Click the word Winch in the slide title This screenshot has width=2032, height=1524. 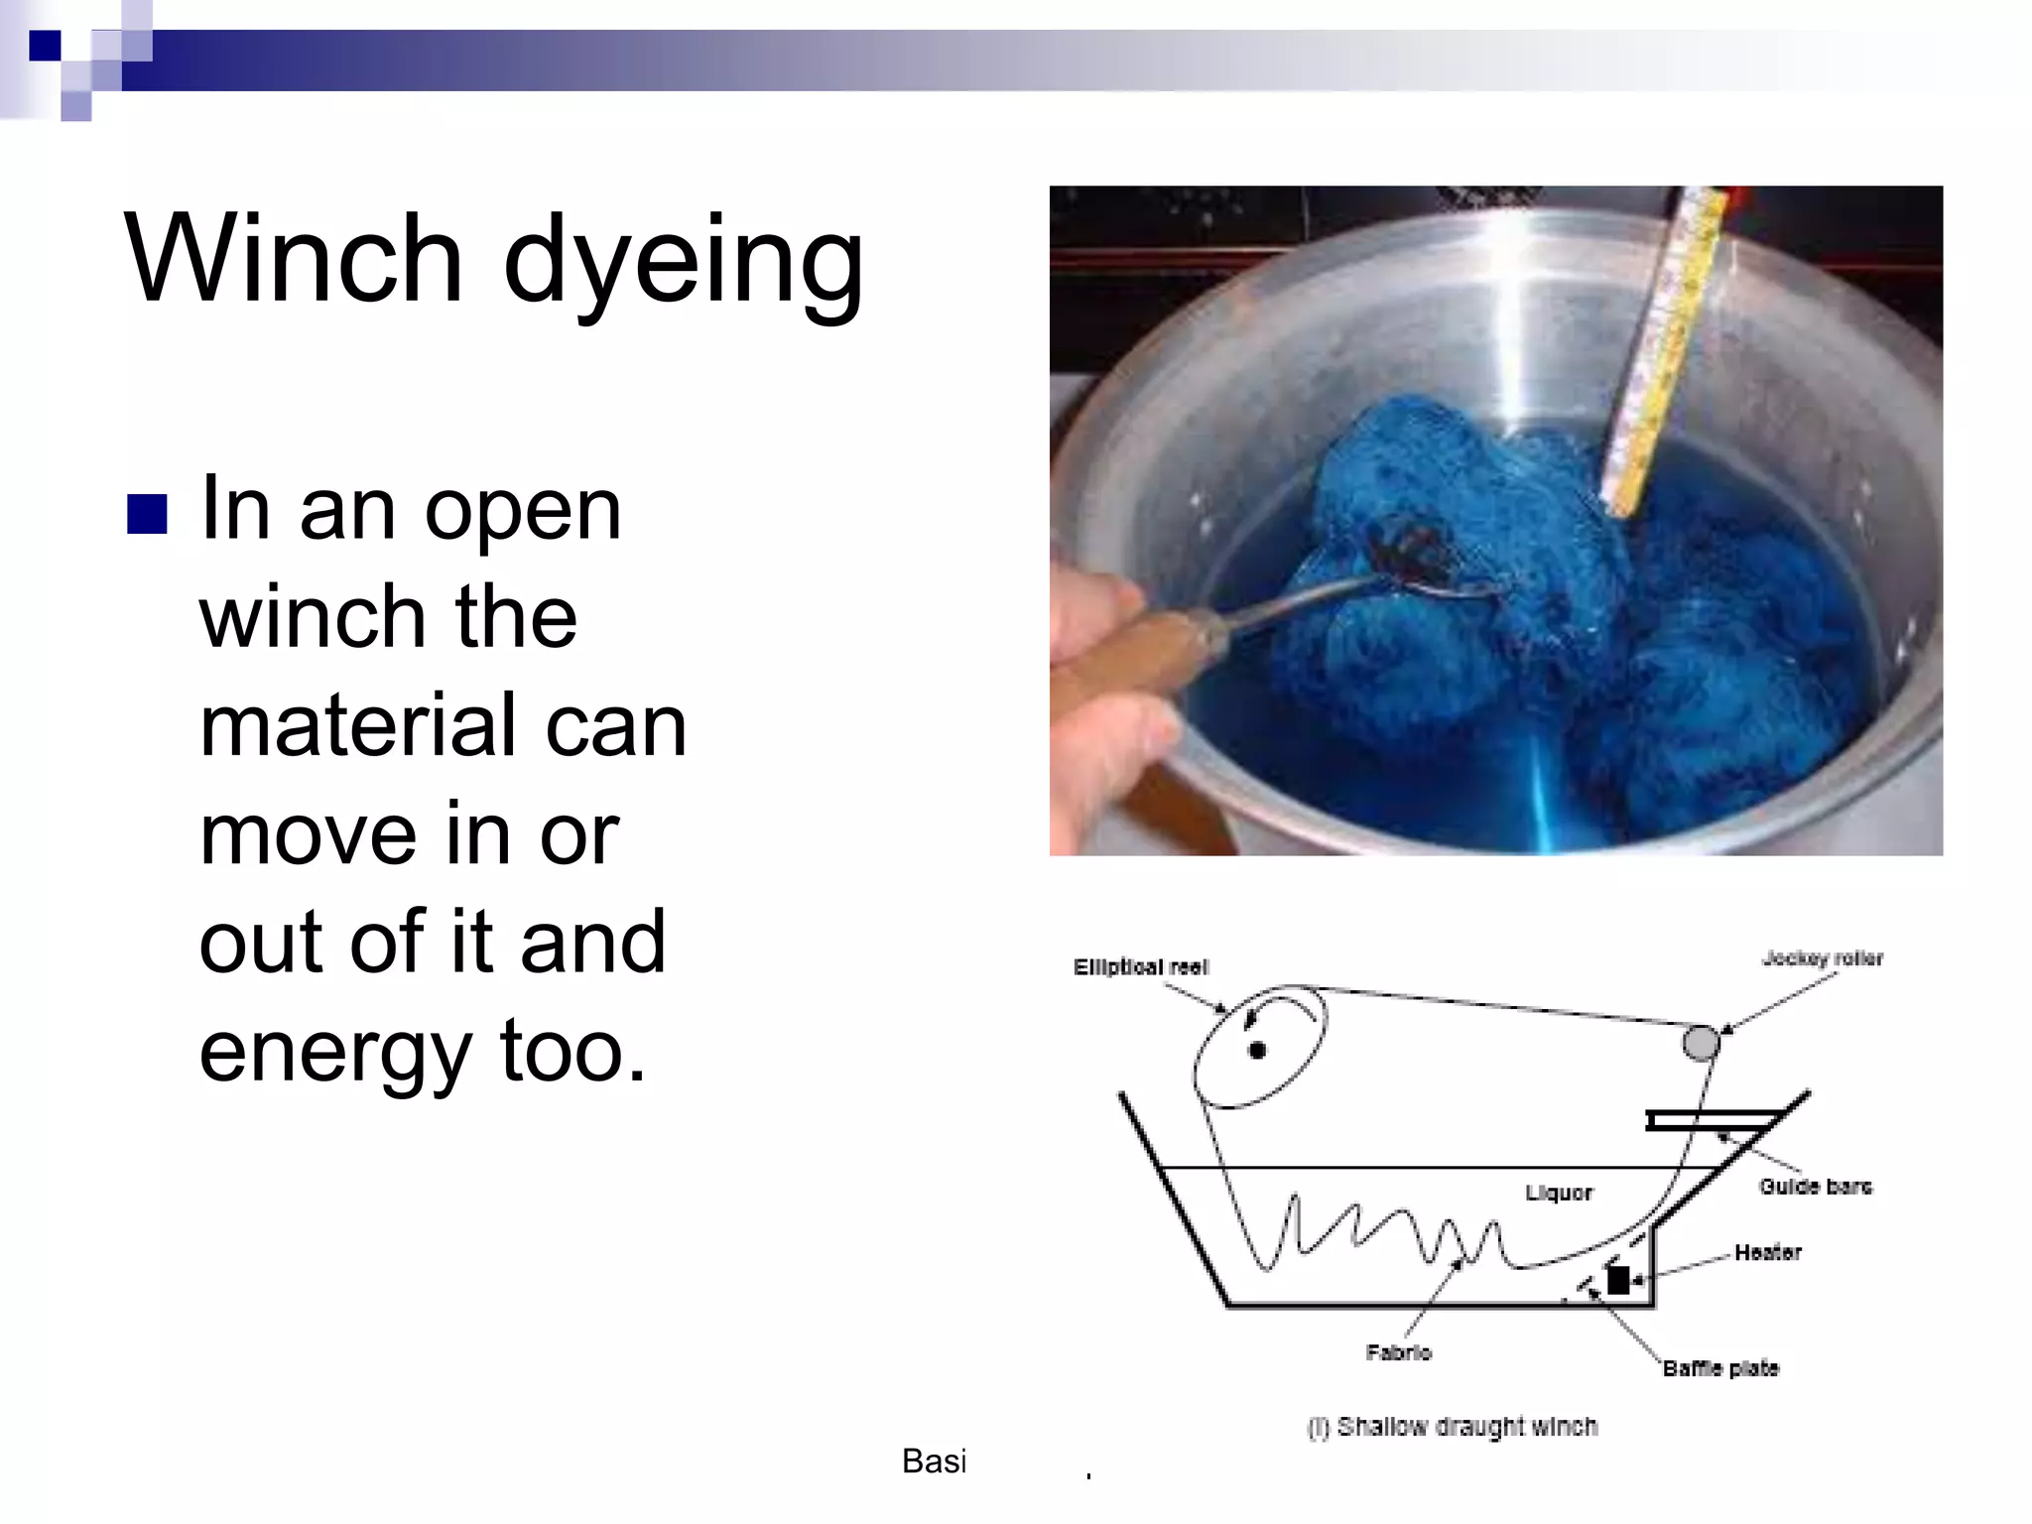(x=294, y=260)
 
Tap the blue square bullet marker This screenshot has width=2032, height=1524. (x=147, y=514)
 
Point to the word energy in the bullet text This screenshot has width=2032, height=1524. (x=335, y=1053)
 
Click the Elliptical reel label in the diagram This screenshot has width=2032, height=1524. (x=1140, y=967)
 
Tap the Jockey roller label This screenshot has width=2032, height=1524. (x=1822, y=958)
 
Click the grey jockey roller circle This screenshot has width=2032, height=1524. (x=1701, y=1043)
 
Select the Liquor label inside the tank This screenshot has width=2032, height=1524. (x=1558, y=1193)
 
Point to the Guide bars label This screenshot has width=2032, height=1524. (x=1815, y=1187)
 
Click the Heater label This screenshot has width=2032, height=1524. (x=1767, y=1252)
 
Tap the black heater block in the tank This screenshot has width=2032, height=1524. (x=1618, y=1280)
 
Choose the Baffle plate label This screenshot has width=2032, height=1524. (x=1720, y=1368)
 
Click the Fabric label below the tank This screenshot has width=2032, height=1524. (x=1398, y=1352)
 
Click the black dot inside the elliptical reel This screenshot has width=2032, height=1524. (x=1257, y=1050)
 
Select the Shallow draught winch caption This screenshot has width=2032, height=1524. (x=1453, y=1427)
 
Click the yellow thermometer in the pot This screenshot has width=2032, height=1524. (x=1667, y=347)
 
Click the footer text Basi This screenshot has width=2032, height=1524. (x=934, y=1460)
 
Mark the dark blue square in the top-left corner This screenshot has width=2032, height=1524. (x=45, y=46)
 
